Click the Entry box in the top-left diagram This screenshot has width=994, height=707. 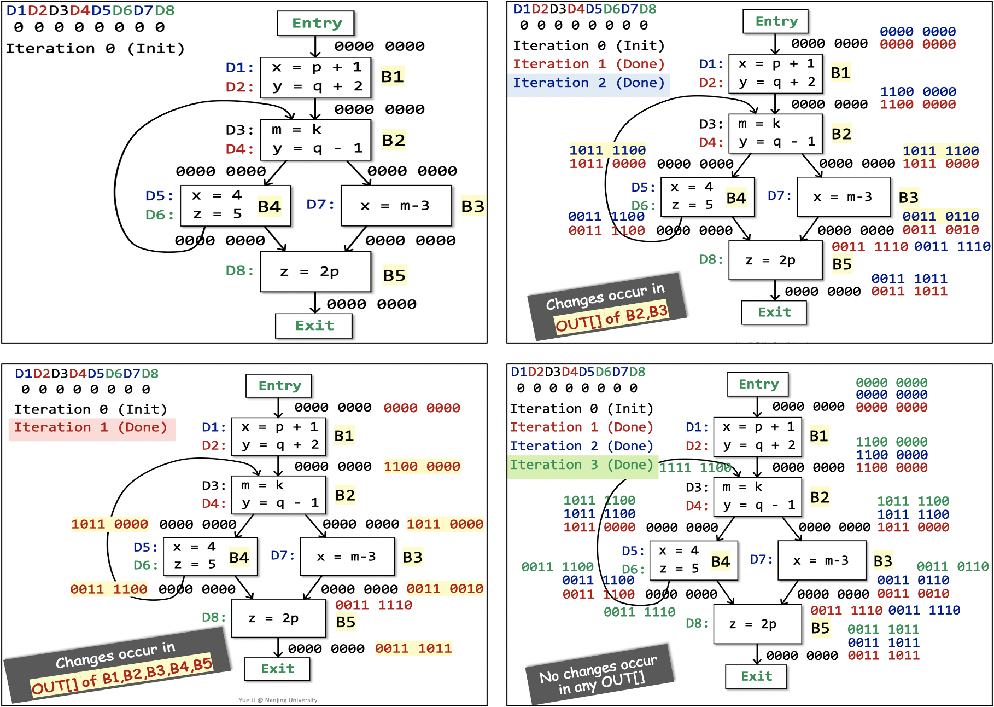pos(316,23)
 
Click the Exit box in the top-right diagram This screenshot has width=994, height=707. pos(774,312)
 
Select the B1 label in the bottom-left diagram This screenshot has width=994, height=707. pos(344,436)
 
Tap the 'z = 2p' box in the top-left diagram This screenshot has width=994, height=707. pos(315,271)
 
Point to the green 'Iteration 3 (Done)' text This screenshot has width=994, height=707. pos(582,465)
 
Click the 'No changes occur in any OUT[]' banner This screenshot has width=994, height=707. pos(599,674)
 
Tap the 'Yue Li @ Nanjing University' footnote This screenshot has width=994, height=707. pos(278,700)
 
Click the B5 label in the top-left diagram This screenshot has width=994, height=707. pos(394,275)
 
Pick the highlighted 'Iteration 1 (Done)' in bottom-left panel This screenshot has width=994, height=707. pos(91,428)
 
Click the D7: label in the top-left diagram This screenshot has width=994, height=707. pos(320,205)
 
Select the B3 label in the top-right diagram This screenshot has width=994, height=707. pos(908,197)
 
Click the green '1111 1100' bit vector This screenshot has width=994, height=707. pos(695,467)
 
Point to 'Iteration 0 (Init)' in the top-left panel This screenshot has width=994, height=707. pos(95,49)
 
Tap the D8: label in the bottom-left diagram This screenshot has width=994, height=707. pos(213,617)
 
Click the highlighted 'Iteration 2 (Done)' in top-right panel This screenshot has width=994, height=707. pos(588,83)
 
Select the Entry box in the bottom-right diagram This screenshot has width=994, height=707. pos(758,384)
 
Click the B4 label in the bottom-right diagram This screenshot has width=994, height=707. pos(720,561)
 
